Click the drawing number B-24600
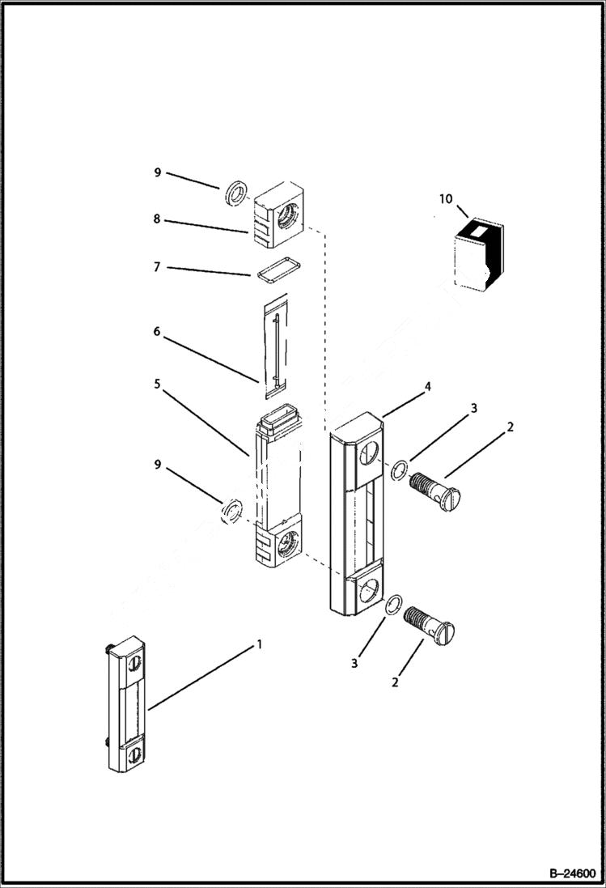[571, 873]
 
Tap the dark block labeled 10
[478, 255]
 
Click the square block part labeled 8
[280, 215]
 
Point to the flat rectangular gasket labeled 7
[273, 270]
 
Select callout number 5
[158, 384]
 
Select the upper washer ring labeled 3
[397, 470]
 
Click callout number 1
[259, 644]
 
